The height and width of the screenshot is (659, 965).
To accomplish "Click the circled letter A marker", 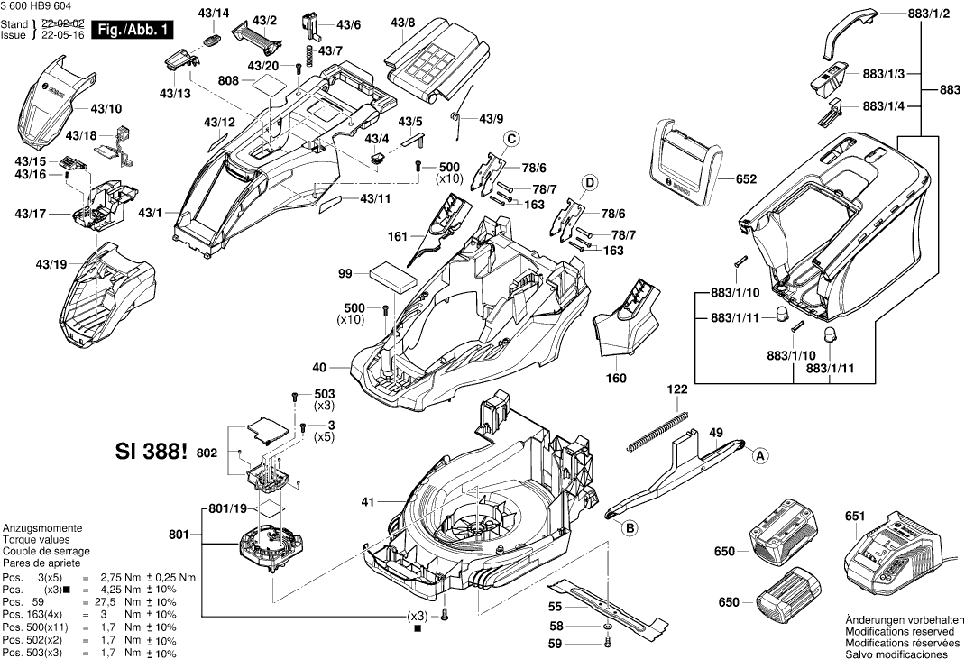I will click(760, 456).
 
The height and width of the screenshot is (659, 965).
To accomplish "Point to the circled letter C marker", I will click(510, 139).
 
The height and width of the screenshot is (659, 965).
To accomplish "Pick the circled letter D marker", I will click(588, 181).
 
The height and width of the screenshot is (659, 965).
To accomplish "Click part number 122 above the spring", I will click(677, 389).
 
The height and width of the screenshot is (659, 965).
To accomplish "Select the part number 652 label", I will click(746, 179).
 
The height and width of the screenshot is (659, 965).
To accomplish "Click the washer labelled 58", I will click(608, 626).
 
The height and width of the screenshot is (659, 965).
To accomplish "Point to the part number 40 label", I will click(318, 367).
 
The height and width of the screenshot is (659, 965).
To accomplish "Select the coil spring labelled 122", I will click(657, 430).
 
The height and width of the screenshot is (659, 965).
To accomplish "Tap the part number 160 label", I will click(616, 378).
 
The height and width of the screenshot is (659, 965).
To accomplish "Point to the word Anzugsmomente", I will click(42, 527).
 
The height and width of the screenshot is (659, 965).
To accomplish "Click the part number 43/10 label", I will click(106, 108).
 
